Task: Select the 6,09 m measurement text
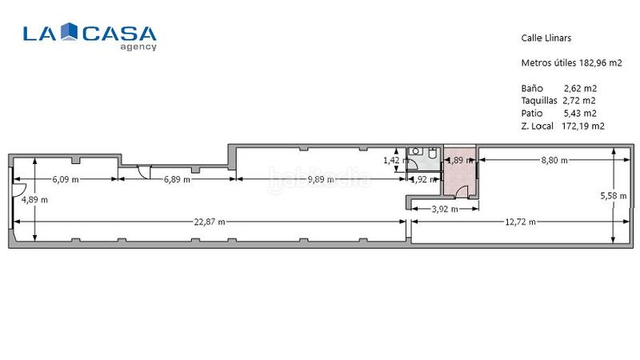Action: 66,179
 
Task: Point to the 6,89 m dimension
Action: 177,179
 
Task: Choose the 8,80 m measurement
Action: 554,160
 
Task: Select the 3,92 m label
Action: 444,209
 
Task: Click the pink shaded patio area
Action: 459,180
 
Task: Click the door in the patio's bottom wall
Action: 452,191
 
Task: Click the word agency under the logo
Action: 138,46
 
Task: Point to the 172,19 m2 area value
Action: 583,126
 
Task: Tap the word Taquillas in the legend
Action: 539,100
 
